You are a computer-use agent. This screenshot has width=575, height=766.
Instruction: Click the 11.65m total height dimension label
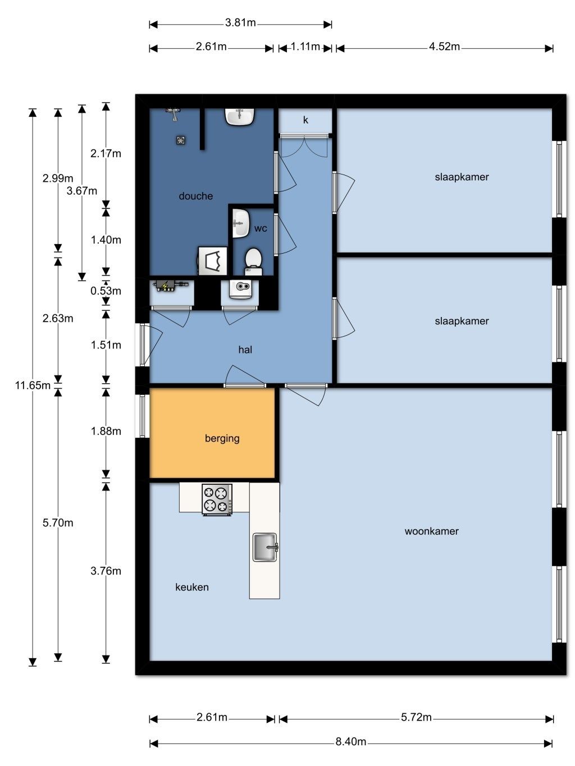click(33, 386)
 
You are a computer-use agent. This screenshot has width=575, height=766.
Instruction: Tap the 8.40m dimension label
click(351, 741)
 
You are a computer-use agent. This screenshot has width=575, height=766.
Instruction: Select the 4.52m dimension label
click(444, 47)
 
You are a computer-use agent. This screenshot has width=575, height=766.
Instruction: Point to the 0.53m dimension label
click(106, 291)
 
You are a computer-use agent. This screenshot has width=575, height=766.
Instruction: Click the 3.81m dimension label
click(240, 22)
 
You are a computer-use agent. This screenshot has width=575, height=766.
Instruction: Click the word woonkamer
click(431, 531)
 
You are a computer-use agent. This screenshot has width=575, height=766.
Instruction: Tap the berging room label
click(222, 439)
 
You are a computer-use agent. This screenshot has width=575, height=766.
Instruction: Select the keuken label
click(192, 587)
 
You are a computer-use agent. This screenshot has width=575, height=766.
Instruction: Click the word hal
click(245, 350)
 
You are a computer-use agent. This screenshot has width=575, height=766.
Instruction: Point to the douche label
click(195, 196)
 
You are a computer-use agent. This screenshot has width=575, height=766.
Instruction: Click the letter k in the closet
click(305, 120)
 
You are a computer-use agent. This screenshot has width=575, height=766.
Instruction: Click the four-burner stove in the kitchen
click(217, 499)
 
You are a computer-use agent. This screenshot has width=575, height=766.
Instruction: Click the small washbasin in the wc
click(240, 223)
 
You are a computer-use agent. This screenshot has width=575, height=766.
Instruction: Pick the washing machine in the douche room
click(212, 261)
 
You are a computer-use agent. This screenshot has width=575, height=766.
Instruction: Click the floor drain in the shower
click(180, 140)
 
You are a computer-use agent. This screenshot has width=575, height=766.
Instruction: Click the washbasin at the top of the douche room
click(240, 116)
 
